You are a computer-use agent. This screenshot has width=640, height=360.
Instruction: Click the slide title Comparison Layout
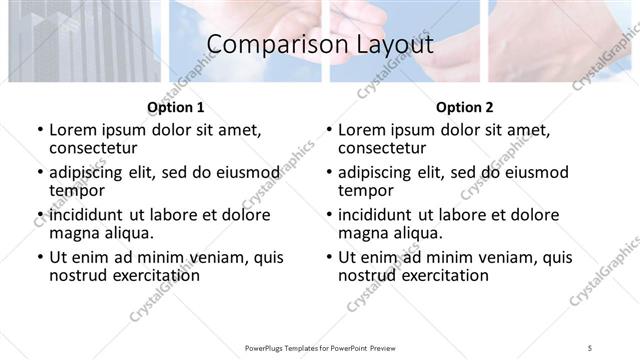pyautogui.click(x=320, y=45)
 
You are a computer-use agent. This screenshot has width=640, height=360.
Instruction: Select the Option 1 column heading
pyautogui.click(x=175, y=106)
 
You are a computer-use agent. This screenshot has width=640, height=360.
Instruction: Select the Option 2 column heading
pyautogui.click(x=464, y=106)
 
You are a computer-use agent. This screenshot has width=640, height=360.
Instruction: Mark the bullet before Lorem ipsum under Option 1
pyautogui.click(x=39, y=131)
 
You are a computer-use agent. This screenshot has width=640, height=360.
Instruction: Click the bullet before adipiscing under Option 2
pyautogui.click(x=328, y=173)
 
